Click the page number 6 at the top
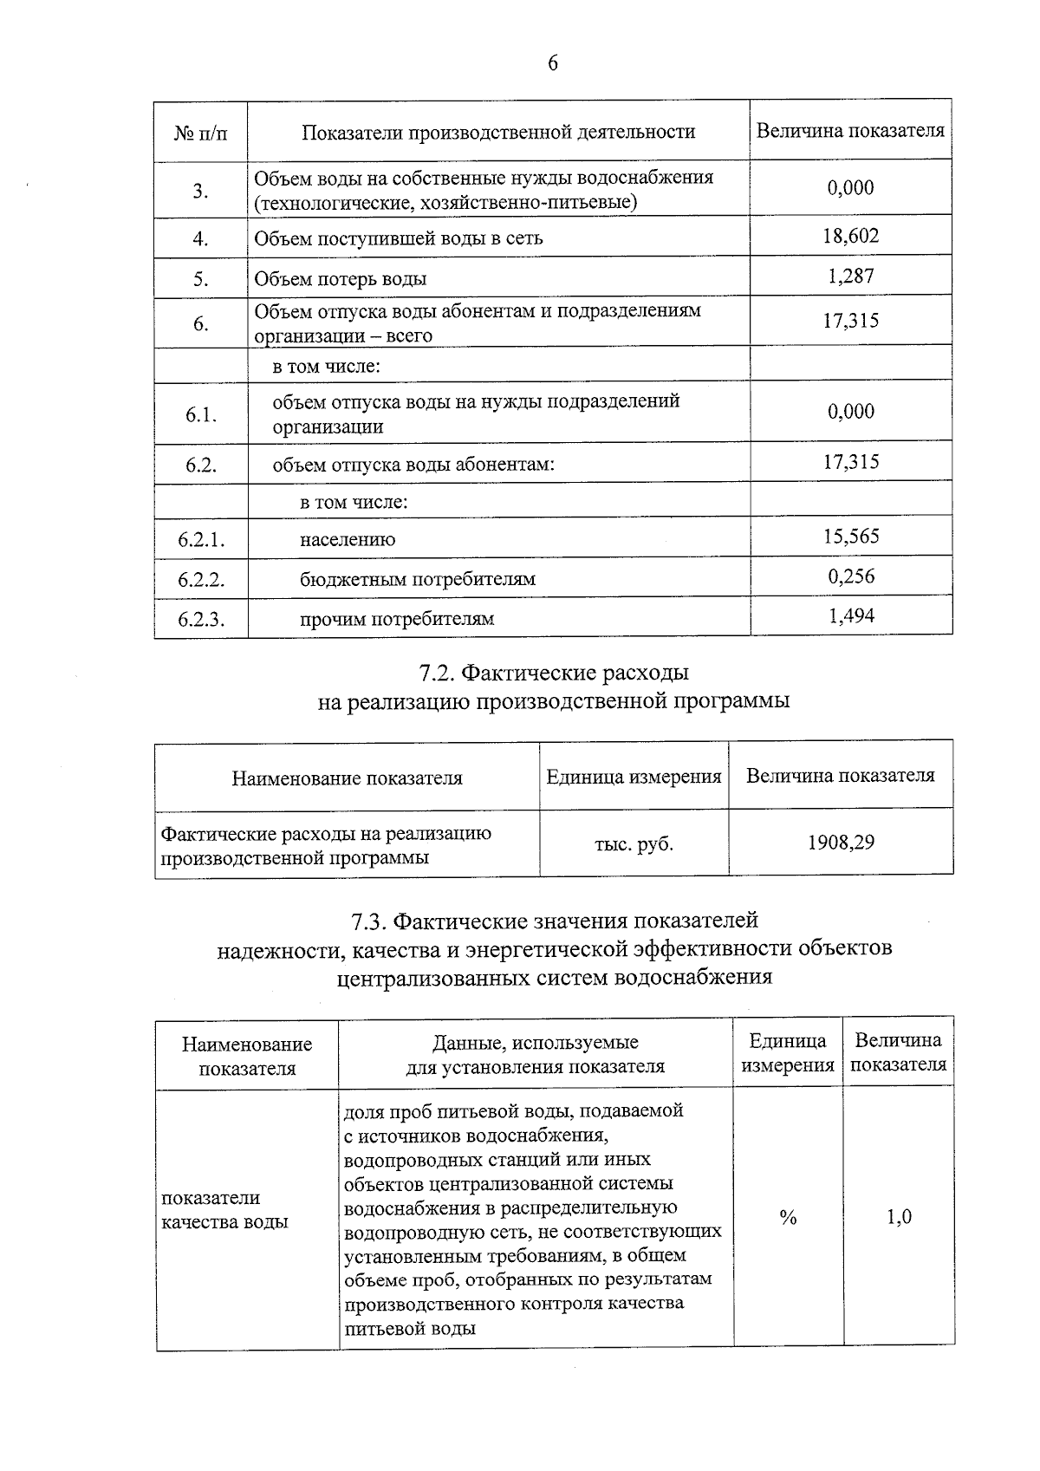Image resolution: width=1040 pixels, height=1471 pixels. tap(552, 64)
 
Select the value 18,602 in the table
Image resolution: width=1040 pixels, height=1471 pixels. tap(850, 236)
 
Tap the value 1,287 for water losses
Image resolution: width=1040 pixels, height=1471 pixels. tap(850, 277)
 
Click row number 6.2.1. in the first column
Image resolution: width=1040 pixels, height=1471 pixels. tap(201, 540)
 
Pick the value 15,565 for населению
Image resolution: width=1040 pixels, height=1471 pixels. tap(850, 537)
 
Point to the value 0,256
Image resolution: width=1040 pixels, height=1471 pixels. tap(850, 576)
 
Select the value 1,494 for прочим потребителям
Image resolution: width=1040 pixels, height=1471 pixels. tap(850, 616)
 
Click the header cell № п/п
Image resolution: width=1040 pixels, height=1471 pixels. tap(201, 133)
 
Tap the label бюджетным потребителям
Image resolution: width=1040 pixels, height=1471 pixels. tap(417, 579)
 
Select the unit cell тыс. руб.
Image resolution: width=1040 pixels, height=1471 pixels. tap(634, 843)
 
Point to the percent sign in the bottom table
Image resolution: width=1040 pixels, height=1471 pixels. tap(787, 1219)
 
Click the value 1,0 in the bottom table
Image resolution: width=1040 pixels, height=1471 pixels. tap(899, 1217)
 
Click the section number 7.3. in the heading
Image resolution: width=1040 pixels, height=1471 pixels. tap(373, 920)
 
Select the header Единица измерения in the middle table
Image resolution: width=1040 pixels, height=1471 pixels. tap(634, 777)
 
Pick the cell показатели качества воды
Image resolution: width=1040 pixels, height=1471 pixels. tap(225, 1210)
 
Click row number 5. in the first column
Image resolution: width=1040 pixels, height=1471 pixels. tap(201, 279)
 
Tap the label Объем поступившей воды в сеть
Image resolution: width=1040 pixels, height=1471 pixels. tap(399, 238)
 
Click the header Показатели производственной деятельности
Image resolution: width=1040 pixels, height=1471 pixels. tap(498, 132)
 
